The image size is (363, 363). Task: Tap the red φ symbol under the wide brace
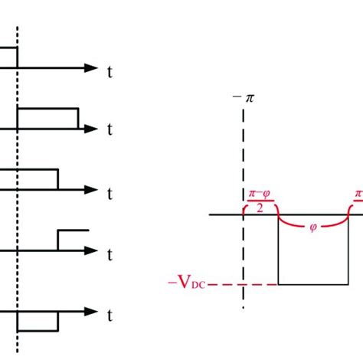tap(312, 227)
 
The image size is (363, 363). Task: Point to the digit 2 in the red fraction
tap(259, 207)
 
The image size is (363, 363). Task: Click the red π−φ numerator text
tap(259, 195)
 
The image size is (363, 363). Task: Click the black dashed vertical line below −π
tap(244, 153)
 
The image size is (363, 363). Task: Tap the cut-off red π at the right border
tap(358, 195)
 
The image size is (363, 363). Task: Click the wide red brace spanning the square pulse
tap(312, 217)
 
